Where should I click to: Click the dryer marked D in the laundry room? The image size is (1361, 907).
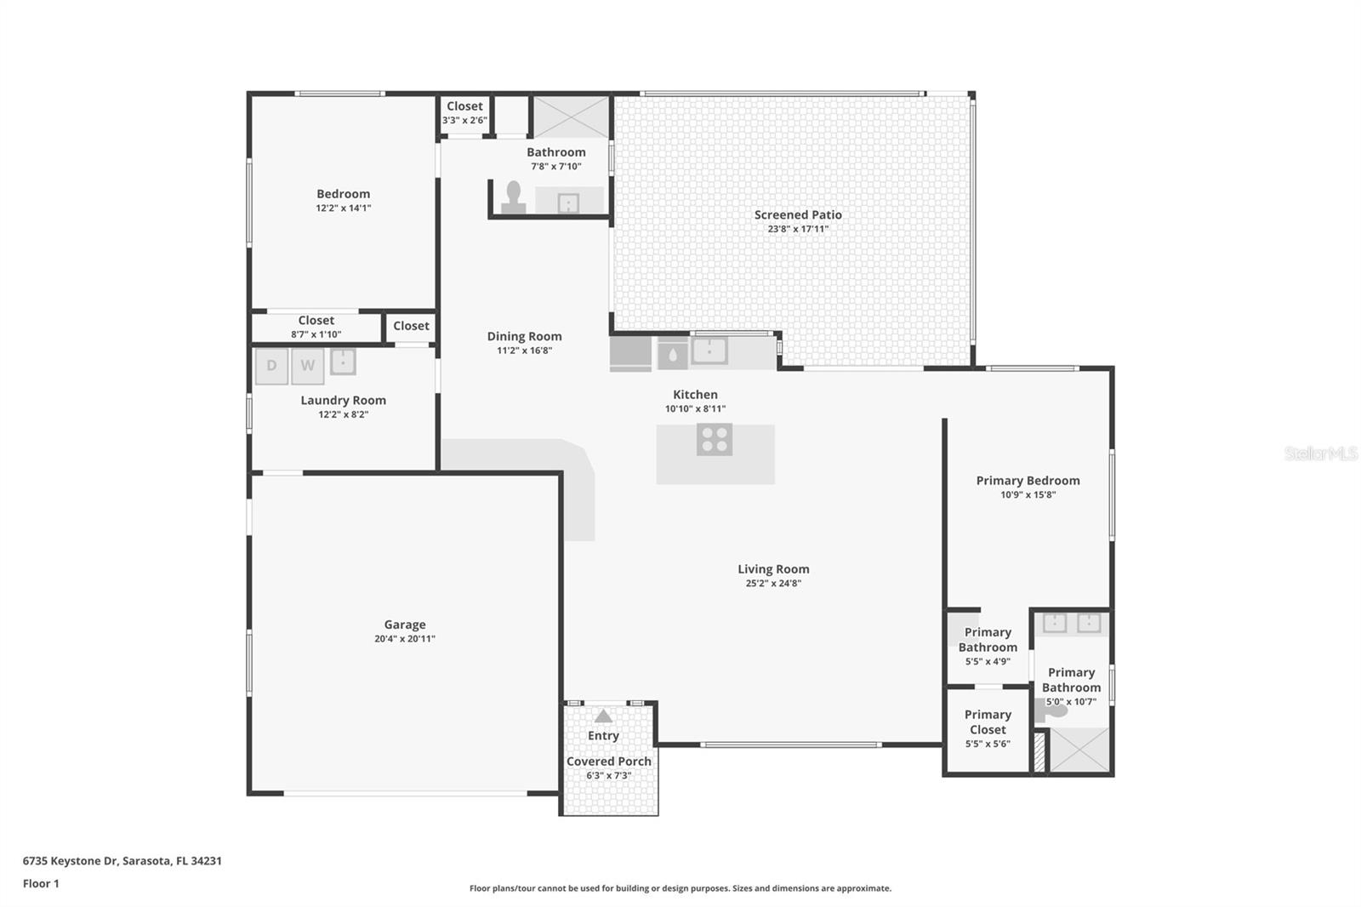[x=271, y=366]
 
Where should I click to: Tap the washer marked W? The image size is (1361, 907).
[x=307, y=366]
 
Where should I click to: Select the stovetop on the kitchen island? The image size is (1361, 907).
[x=715, y=440]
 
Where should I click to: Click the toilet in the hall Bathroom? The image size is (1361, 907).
[x=513, y=197]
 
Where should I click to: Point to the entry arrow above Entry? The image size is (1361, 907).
[x=603, y=716]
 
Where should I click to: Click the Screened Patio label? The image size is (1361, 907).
[x=798, y=214]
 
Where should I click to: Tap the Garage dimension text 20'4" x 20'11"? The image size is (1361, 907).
[x=405, y=639]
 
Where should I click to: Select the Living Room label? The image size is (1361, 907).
[x=773, y=569]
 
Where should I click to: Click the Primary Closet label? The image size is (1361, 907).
[x=988, y=722]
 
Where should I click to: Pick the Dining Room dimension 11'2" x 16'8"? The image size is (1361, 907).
[x=525, y=351]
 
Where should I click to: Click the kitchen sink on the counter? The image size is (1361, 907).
[x=709, y=351]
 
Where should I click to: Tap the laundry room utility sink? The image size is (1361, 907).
[x=343, y=362]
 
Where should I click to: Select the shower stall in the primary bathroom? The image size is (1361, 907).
[x=1079, y=750]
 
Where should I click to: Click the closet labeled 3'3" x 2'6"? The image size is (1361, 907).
[x=464, y=112]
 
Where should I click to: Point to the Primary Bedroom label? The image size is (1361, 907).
[x=1028, y=481]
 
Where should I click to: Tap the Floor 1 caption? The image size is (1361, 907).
[x=41, y=884]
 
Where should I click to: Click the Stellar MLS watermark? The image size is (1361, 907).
[x=1320, y=453]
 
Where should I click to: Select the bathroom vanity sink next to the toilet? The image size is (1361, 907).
[x=568, y=203]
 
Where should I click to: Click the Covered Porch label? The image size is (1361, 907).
[x=609, y=762]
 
